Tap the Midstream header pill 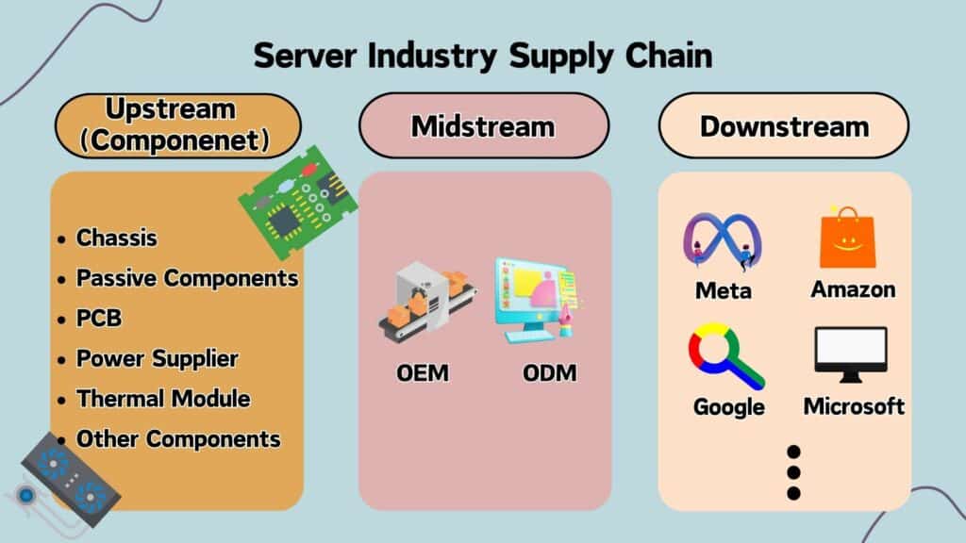483,125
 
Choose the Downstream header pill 784,125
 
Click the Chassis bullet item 117,238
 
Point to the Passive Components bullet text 187,278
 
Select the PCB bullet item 99,319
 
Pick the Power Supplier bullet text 157,358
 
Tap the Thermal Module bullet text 163,399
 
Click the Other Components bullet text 178,439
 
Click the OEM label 422,373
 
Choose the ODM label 549,373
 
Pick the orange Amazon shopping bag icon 847,238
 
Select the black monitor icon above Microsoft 850,354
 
